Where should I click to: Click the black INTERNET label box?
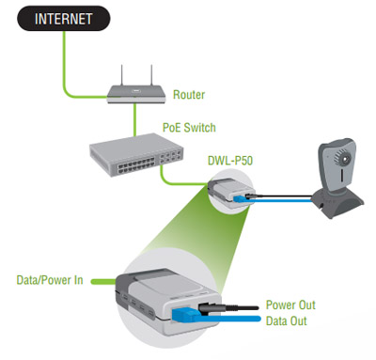[x=64, y=18]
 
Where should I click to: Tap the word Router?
[x=189, y=95]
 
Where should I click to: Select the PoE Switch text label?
[x=189, y=128]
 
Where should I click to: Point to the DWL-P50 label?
[x=230, y=161]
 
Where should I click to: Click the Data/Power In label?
[x=50, y=280]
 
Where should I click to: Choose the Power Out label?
[x=290, y=305]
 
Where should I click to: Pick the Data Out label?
[x=286, y=321]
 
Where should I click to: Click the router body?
[x=136, y=95]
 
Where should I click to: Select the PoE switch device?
[x=136, y=155]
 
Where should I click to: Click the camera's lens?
[x=344, y=159]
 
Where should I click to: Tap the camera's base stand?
[x=338, y=202]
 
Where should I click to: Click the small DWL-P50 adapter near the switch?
[x=230, y=194]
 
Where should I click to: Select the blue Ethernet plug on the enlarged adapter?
[x=184, y=314]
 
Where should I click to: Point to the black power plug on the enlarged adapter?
[x=211, y=308]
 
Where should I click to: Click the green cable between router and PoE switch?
[x=135, y=118]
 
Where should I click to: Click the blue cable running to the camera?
[x=283, y=200]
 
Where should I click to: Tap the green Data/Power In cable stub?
[x=103, y=282]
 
